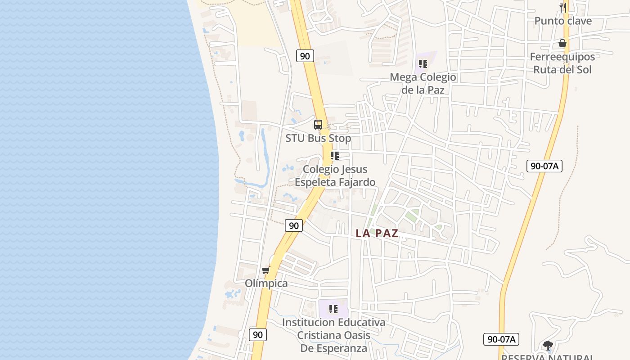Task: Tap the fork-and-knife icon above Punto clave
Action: point(562,7)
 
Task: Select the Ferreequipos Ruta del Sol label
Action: point(562,63)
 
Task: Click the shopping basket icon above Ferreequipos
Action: point(562,43)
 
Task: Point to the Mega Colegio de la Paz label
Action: point(423,83)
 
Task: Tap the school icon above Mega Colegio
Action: point(423,63)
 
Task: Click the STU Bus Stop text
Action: point(318,138)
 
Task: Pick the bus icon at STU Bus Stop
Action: point(318,125)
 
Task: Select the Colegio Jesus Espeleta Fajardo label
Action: point(335,175)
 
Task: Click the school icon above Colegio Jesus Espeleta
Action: point(334,156)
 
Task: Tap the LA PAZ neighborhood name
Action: point(377,233)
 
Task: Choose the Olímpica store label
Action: point(266,283)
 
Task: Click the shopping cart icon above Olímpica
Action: point(266,270)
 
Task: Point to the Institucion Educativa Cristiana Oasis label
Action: point(333,335)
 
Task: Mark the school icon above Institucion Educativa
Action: point(333,309)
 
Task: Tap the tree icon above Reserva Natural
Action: point(548,346)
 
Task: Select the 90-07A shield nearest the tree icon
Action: point(501,339)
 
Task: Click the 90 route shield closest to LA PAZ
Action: point(294,225)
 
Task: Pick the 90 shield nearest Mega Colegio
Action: point(305,56)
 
